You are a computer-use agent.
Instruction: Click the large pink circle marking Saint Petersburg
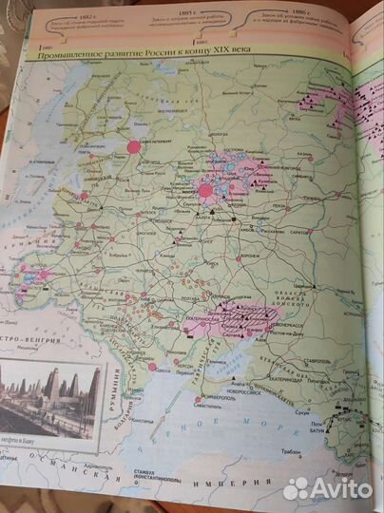coord(132,146)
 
